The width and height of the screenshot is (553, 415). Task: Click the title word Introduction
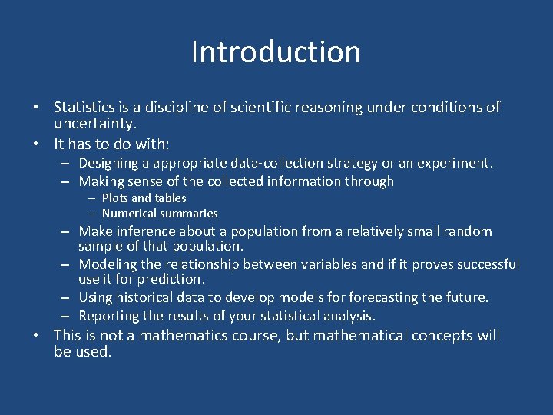click(276, 52)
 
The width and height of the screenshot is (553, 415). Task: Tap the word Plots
click(115, 198)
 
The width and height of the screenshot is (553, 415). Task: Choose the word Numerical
click(129, 214)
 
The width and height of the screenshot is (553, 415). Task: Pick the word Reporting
click(107, 316)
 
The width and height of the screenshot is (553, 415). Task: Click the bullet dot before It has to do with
click(37, 144)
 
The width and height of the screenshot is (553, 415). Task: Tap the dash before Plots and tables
click(91, 198)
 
